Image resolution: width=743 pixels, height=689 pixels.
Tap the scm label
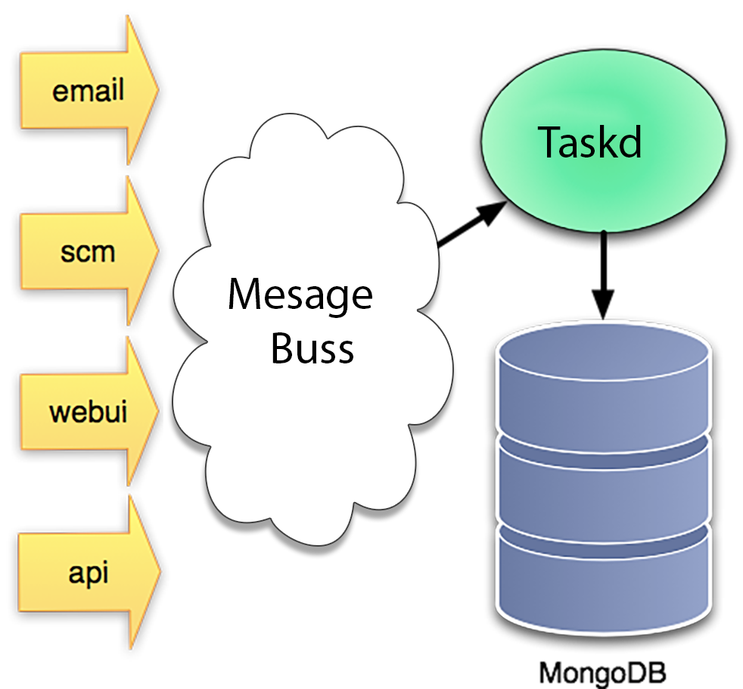tap(88, 251)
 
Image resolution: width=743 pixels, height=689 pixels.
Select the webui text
tap(88, 412)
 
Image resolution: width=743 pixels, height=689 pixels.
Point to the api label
tap(89, 572)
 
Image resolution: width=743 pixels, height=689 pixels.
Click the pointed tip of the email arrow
tap(157, 89)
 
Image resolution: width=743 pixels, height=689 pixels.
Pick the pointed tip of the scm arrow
tap(157, 251)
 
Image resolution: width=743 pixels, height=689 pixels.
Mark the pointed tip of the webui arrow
tap(158, 411)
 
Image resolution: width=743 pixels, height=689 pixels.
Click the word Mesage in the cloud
tap(300, 295)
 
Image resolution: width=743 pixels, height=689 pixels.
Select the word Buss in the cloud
tap(312, 349)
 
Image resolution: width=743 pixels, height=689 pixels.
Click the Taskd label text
tap(589, 142)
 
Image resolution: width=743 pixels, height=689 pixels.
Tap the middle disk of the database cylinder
tap(603, 485)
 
